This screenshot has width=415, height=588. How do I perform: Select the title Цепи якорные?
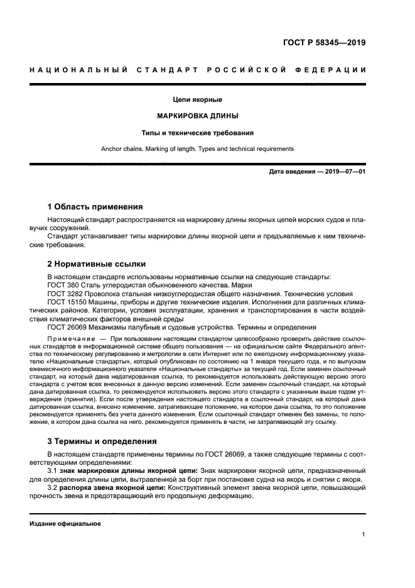[x=198, y=99]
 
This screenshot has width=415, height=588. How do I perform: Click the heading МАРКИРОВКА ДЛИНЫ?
[x=198, y=116]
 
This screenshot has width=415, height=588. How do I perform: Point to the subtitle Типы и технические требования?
[x=198, y=133]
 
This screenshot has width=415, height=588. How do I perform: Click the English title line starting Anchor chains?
[x=198, y=149]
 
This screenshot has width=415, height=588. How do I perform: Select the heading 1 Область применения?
[x=95, y=206]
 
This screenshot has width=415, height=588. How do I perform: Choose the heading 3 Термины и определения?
[x=102, y=441]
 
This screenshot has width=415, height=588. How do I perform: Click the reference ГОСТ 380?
[x=62, y=285]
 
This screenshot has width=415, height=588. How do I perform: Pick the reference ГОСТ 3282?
[x=64, y=294]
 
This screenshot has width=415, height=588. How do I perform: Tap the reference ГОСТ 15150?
[x=66, y=302]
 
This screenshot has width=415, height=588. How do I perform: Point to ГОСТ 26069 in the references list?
[x=66, y=327]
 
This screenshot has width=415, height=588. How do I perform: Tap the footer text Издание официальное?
[x=65, y=523]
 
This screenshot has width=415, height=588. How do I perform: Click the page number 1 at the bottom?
[x=364, y=535]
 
